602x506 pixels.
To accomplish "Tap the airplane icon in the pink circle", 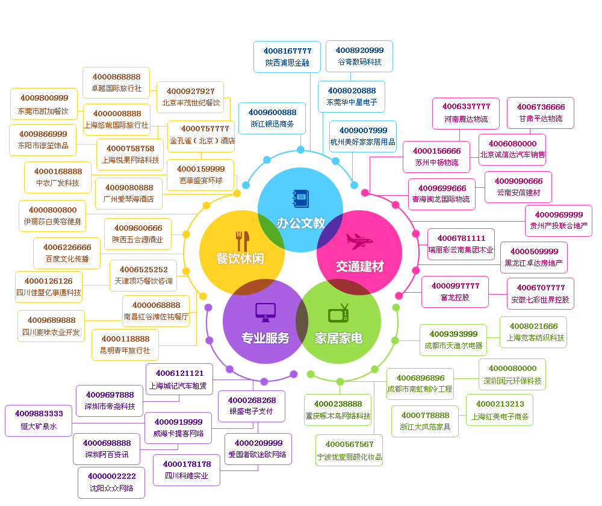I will coord(359,241).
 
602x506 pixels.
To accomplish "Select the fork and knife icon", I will coord(242,241).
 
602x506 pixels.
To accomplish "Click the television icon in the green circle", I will coord(338,313).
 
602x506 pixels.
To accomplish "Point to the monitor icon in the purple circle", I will coord(265,311).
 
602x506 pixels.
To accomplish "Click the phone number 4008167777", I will coord(287,51).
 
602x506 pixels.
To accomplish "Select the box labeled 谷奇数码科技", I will coord(359,57).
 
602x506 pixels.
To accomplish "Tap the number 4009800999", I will coord(44,98).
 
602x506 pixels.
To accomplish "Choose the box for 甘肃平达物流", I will coord(541,113).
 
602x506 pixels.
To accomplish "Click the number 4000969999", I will coord(559,214).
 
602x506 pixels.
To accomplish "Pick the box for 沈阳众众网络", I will coord(111,483).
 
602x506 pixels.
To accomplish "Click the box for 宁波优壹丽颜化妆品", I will coord(349,451).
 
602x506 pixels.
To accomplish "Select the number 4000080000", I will coord(512,368).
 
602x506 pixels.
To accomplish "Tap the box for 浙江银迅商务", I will coord(272,118).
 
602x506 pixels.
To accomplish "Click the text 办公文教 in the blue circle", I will coord(300,223).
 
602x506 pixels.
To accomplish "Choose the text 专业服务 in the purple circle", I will coord(265,339).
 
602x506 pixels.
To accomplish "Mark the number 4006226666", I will coord(67,247).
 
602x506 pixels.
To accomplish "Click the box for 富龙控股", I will coord(455,292).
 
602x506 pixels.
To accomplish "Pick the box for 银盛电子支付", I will coord(252,406).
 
